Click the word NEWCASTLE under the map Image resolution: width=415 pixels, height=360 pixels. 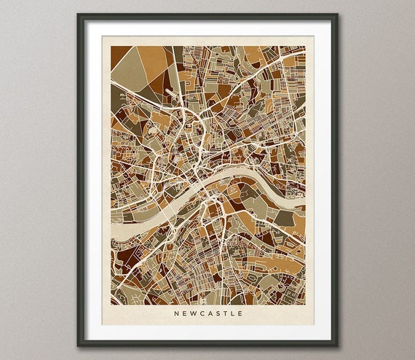pyautogui.click(x=207, y=314)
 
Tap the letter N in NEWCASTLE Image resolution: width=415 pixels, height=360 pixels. pyautogui.click(x=176, y=314)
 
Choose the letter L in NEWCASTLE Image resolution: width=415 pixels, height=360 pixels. pyautogui.click(x=232, y=314)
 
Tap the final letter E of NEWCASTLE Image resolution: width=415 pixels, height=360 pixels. pyautogui.click(x=239, y=314)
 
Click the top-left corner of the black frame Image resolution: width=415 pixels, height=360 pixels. pyautogui.click(x=78, y=15)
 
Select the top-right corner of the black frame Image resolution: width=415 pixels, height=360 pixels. pyautogui.click(x=337, y=15)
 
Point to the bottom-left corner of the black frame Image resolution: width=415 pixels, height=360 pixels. pyautogui.click(x=78, y=345)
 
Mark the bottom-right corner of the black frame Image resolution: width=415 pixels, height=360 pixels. pyautogui.click(x=337, y=345)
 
